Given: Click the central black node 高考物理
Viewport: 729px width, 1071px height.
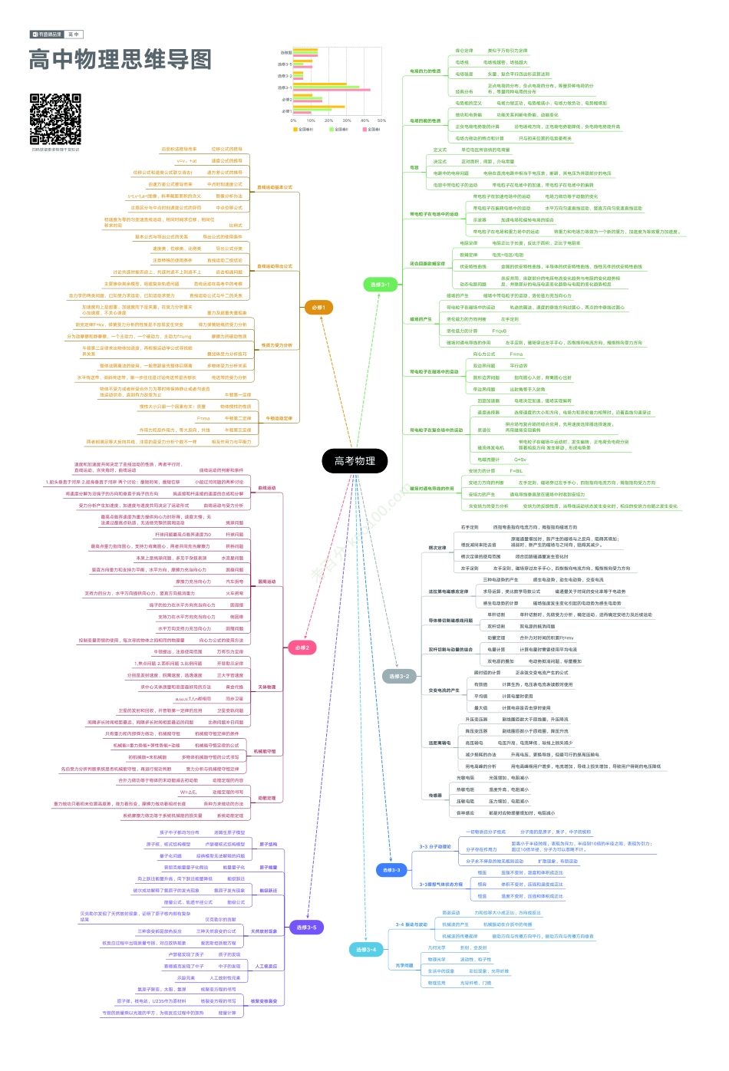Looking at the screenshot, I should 355,460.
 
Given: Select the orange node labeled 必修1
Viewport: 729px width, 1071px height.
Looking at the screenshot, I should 318,308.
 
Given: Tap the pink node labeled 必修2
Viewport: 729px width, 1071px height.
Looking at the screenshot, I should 302,648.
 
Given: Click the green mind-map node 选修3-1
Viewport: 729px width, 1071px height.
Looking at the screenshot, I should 380,285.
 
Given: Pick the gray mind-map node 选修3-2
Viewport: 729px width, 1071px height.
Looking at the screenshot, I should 399,676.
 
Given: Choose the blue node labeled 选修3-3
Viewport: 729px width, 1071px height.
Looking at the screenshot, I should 391,869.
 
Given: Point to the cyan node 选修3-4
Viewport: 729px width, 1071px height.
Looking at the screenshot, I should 365,949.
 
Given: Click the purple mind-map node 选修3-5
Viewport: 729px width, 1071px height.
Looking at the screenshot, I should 306,927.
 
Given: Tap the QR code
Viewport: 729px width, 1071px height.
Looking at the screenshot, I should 55,119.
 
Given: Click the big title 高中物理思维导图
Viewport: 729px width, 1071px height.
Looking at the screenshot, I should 120,60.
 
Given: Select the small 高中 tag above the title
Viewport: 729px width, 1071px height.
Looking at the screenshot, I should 74,35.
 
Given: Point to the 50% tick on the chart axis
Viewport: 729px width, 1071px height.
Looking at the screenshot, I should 381,120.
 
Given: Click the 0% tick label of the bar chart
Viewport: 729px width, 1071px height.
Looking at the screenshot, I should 293,120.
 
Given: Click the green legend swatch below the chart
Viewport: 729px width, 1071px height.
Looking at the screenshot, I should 332,130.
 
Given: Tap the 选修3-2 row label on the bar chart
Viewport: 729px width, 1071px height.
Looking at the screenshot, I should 284,76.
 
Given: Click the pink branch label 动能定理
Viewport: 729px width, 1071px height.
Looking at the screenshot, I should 266,798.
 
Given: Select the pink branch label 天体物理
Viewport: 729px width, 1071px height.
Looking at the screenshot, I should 266,687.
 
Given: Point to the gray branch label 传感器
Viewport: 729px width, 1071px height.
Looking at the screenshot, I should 435,796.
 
